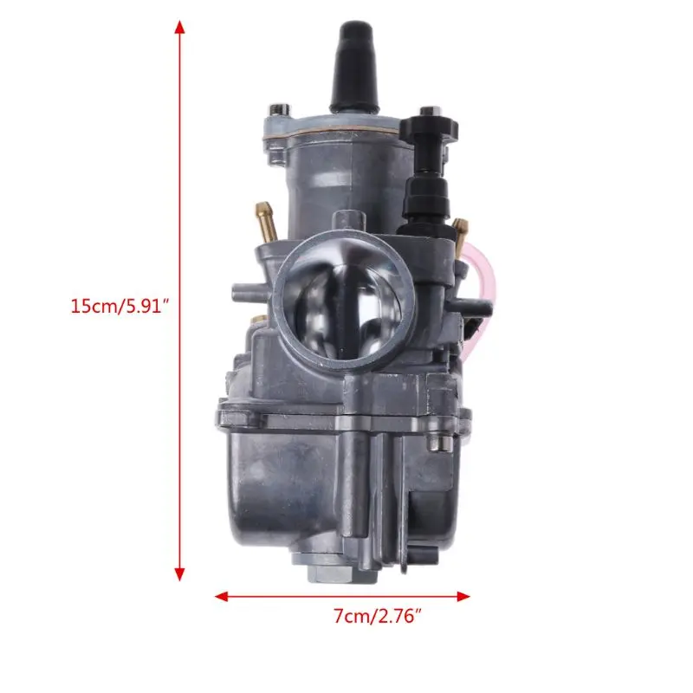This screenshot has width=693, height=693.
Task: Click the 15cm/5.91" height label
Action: [120, 306]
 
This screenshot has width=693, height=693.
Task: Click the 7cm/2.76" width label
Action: [378, 616]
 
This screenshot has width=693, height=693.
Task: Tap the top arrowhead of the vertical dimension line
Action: [179, 28]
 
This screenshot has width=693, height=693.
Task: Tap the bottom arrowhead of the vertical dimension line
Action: [179, 573]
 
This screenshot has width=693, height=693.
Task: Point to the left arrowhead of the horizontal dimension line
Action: [222, 597]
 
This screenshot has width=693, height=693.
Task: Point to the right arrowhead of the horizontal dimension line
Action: [463, 597]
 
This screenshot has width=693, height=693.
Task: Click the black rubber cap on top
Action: [356, 67]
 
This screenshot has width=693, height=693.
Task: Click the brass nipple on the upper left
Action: [266, 219]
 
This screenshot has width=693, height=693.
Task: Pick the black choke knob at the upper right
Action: [428, 128]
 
